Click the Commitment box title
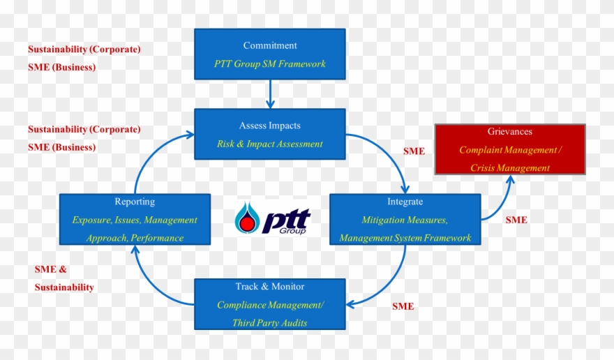(x=269, y=46)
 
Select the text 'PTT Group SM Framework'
(x=269, y=64)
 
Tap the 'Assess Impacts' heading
(x=269, y=126)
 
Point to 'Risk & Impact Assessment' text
(x=269, y=144)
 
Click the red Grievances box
(x=509, y=149)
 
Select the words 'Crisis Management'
(x=509, y=168)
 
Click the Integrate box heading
(x=405, y=202)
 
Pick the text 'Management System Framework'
(x=405, y=239)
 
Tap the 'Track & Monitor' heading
(x=269, y=287)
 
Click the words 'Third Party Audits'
(x=269, y=323)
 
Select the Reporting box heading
(x=135, y=202)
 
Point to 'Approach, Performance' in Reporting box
(x=135, y=239)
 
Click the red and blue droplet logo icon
(x=246, y=218)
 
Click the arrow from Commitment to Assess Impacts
(x=270, y=94)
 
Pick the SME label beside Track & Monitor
(x=403, y=306)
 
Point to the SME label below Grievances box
(x=516, y=220)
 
